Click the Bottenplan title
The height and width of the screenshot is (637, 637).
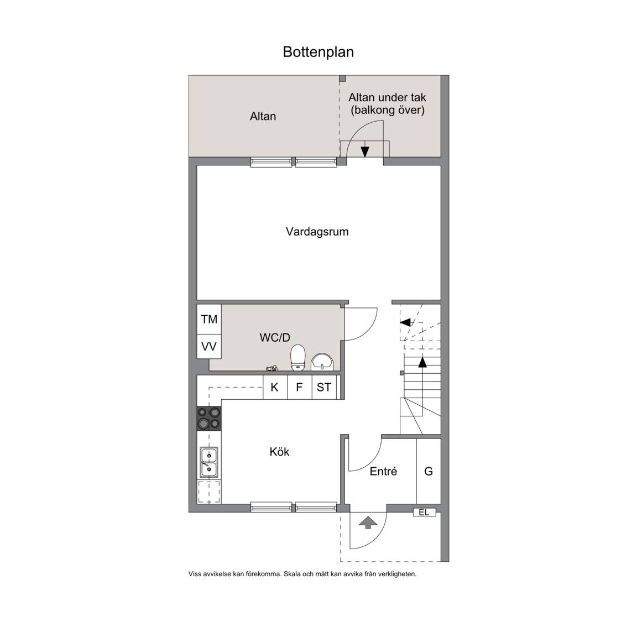(318, 52)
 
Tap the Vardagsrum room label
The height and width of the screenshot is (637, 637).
(317, 232)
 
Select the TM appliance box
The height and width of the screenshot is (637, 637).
(209, 319)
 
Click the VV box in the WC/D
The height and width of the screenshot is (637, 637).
(209, 347)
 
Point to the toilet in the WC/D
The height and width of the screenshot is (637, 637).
(298, 358)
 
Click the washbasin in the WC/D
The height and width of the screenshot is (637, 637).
(322, 362)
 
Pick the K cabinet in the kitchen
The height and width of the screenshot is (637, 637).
(275, 387)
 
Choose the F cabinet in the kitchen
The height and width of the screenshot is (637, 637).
(299, 387)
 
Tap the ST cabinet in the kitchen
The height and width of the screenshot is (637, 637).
(324, 387)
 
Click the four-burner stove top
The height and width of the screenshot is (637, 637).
(209, 419)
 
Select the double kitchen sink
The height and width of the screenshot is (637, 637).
(209, 462)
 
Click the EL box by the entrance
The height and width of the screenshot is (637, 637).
(424, 512)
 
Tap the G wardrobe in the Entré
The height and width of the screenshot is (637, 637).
(429, 471)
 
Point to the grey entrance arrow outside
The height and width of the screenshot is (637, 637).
(368, 523)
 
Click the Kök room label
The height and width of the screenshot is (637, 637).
(279, 452)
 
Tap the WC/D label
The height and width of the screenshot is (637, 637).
(275, 337)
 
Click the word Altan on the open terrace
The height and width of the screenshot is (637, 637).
(263, 116)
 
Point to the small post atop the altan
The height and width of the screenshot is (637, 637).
(342, 79)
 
